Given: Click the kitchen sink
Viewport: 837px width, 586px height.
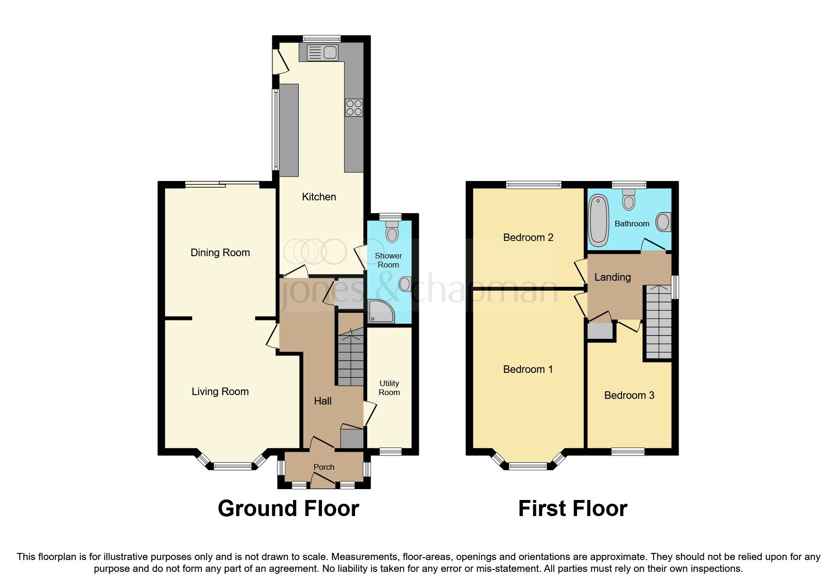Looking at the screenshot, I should coord(322,52).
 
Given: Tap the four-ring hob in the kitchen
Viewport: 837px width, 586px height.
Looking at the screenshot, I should coord(354,108).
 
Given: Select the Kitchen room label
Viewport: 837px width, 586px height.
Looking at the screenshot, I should coord(319,197).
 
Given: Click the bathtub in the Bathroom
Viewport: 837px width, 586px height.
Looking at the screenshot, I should coord(598,221).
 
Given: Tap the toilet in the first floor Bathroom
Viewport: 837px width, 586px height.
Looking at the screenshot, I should coord(629,201).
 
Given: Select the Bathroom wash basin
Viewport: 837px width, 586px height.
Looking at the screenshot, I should coord(664,222).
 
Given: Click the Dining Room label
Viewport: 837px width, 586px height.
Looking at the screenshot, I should coord(220,253).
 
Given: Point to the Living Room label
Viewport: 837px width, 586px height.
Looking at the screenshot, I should coord(220,392).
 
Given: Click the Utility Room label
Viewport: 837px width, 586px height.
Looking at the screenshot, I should coord(389,388).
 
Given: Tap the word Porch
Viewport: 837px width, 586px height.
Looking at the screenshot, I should coord(324,467).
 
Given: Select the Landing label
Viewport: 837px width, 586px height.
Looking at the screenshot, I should coord(613,277).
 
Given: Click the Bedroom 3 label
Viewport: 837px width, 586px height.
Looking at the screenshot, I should coord(629,396).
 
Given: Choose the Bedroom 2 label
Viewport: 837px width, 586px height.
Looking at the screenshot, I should coord(528,238).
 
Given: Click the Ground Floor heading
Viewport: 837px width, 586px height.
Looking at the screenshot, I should coord(288,509).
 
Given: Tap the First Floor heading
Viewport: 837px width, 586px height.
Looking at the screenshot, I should coord(573,509).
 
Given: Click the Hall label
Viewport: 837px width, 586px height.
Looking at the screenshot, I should coord(323,401).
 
